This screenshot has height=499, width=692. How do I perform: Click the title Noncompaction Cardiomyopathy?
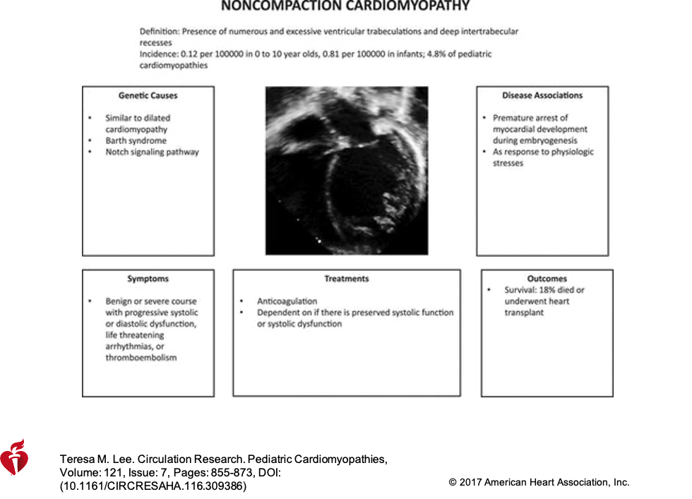345,6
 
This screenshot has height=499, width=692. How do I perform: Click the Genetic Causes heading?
148,95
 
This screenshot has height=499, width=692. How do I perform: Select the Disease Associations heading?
542,95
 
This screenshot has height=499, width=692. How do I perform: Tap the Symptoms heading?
148,279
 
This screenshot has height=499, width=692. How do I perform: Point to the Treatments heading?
346,279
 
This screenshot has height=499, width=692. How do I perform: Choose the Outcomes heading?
547,279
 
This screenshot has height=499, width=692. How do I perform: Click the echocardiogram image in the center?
346,170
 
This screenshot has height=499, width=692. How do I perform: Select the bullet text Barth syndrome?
136,140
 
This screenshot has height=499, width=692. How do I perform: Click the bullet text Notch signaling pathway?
152,152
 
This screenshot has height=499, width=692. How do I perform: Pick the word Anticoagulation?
287,301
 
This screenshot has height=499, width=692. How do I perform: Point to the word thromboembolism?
141,358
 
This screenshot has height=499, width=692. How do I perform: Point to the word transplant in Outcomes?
524,313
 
